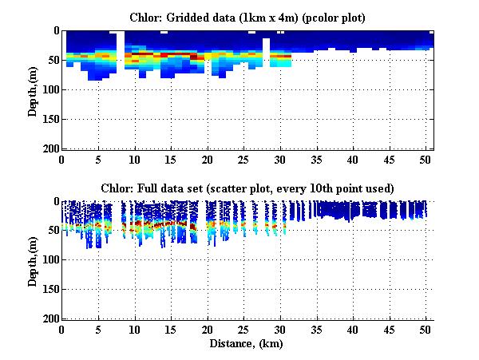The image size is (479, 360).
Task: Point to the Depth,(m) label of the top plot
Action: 33,89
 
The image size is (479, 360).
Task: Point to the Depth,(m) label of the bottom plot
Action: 33,259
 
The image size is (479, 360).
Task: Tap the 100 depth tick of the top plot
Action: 49,90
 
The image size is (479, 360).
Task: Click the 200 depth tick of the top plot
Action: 49,149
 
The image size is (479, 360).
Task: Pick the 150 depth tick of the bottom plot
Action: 49,290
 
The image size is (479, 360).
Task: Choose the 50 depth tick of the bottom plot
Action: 52,231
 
